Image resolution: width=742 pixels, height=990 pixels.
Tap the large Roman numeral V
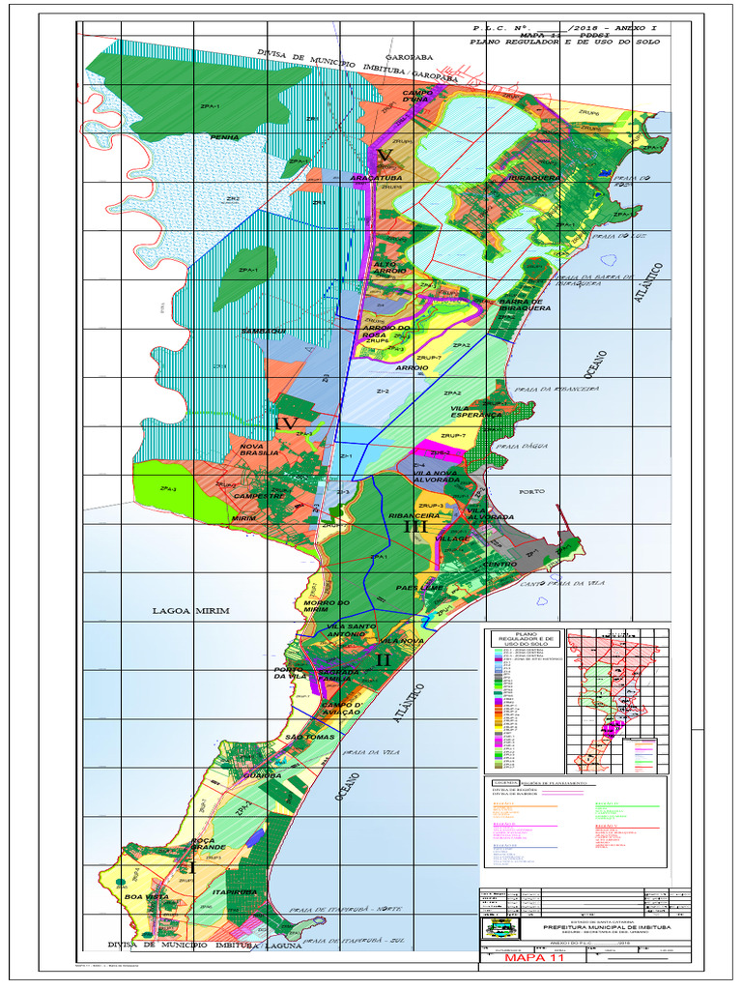click(385, 157)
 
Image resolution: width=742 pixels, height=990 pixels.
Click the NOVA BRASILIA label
click(260, 449)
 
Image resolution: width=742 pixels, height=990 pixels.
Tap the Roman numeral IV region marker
click(287, 423)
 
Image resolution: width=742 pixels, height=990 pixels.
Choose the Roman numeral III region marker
click(415, 528)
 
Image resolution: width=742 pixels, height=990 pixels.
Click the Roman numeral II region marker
click(382, 659)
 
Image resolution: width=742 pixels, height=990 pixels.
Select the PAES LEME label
click(419, 587)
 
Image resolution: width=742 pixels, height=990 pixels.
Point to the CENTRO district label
click(499, 563)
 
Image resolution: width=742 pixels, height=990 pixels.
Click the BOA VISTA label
click(133, 897)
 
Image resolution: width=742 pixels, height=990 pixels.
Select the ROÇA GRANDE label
click(207, 845)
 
